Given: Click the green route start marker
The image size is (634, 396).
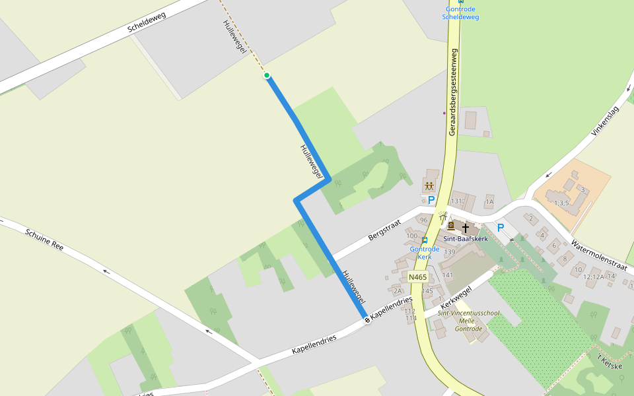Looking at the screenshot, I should click(x=267, y=75).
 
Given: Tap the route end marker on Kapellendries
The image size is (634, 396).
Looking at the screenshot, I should click(x=367, y=320).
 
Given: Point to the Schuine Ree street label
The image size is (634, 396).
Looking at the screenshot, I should click(x=44, y=239).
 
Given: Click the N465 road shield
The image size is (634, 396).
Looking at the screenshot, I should click(x=417, y=277).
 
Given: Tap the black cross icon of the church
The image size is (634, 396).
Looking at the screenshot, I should click(x=466, y=227).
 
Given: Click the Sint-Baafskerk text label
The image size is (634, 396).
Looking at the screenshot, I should click(x=465, y=238).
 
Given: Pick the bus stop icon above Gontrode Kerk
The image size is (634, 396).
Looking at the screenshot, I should click(x=425, y=240).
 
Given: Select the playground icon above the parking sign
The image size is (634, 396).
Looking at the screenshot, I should click(x=429, y=185).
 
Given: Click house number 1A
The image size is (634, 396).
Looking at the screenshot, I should click(x=489, y=201).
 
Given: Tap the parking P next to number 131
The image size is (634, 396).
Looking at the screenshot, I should click(x=431, y=199).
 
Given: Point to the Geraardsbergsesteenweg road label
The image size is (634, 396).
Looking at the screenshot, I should click(x=453, y=92).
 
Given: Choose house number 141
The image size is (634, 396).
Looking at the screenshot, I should click(x=447, y=275).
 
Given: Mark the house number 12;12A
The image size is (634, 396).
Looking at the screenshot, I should click(x=593, y=277).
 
